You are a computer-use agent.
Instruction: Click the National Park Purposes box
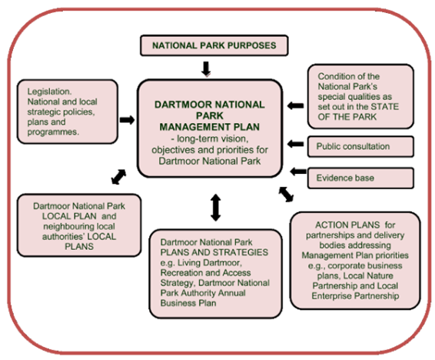click(x=214, y=45)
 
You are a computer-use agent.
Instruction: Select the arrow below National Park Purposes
click(x=206, y=68)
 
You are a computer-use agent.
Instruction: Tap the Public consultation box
click(x=360, y=147)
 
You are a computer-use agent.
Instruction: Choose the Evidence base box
click(x=360, y=178)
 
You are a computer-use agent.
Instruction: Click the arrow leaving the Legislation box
click(x=127, y=120)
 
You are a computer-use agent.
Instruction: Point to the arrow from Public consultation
click(x=295, y=144)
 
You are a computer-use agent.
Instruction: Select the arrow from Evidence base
click(x=298, y=172)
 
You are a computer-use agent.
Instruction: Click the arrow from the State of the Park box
click(x=295, y=105)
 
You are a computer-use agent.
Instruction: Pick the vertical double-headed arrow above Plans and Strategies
click(x=215, y=208)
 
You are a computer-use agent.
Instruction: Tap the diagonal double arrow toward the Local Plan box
click(x=118, y=177)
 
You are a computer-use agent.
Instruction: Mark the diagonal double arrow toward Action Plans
click(x=286, y=195)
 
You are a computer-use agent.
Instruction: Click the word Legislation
click(x=49, y=92)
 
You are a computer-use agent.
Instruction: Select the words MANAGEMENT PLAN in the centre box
click(x=210, y=127)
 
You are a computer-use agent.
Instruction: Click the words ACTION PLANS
click(x=347, y=225)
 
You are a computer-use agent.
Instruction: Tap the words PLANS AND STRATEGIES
click(x=214, y=252)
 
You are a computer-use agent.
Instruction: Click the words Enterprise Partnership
click(x=355, y=296)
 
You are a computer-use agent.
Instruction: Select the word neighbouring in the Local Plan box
click(x=79, y=226)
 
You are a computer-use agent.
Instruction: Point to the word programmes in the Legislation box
click(x=53, y=132)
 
